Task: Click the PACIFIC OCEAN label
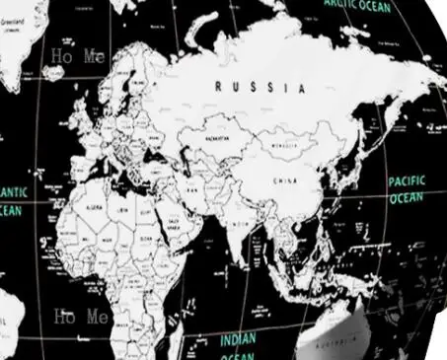406,189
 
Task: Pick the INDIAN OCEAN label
238,344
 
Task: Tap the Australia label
337,346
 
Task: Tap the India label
238,225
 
